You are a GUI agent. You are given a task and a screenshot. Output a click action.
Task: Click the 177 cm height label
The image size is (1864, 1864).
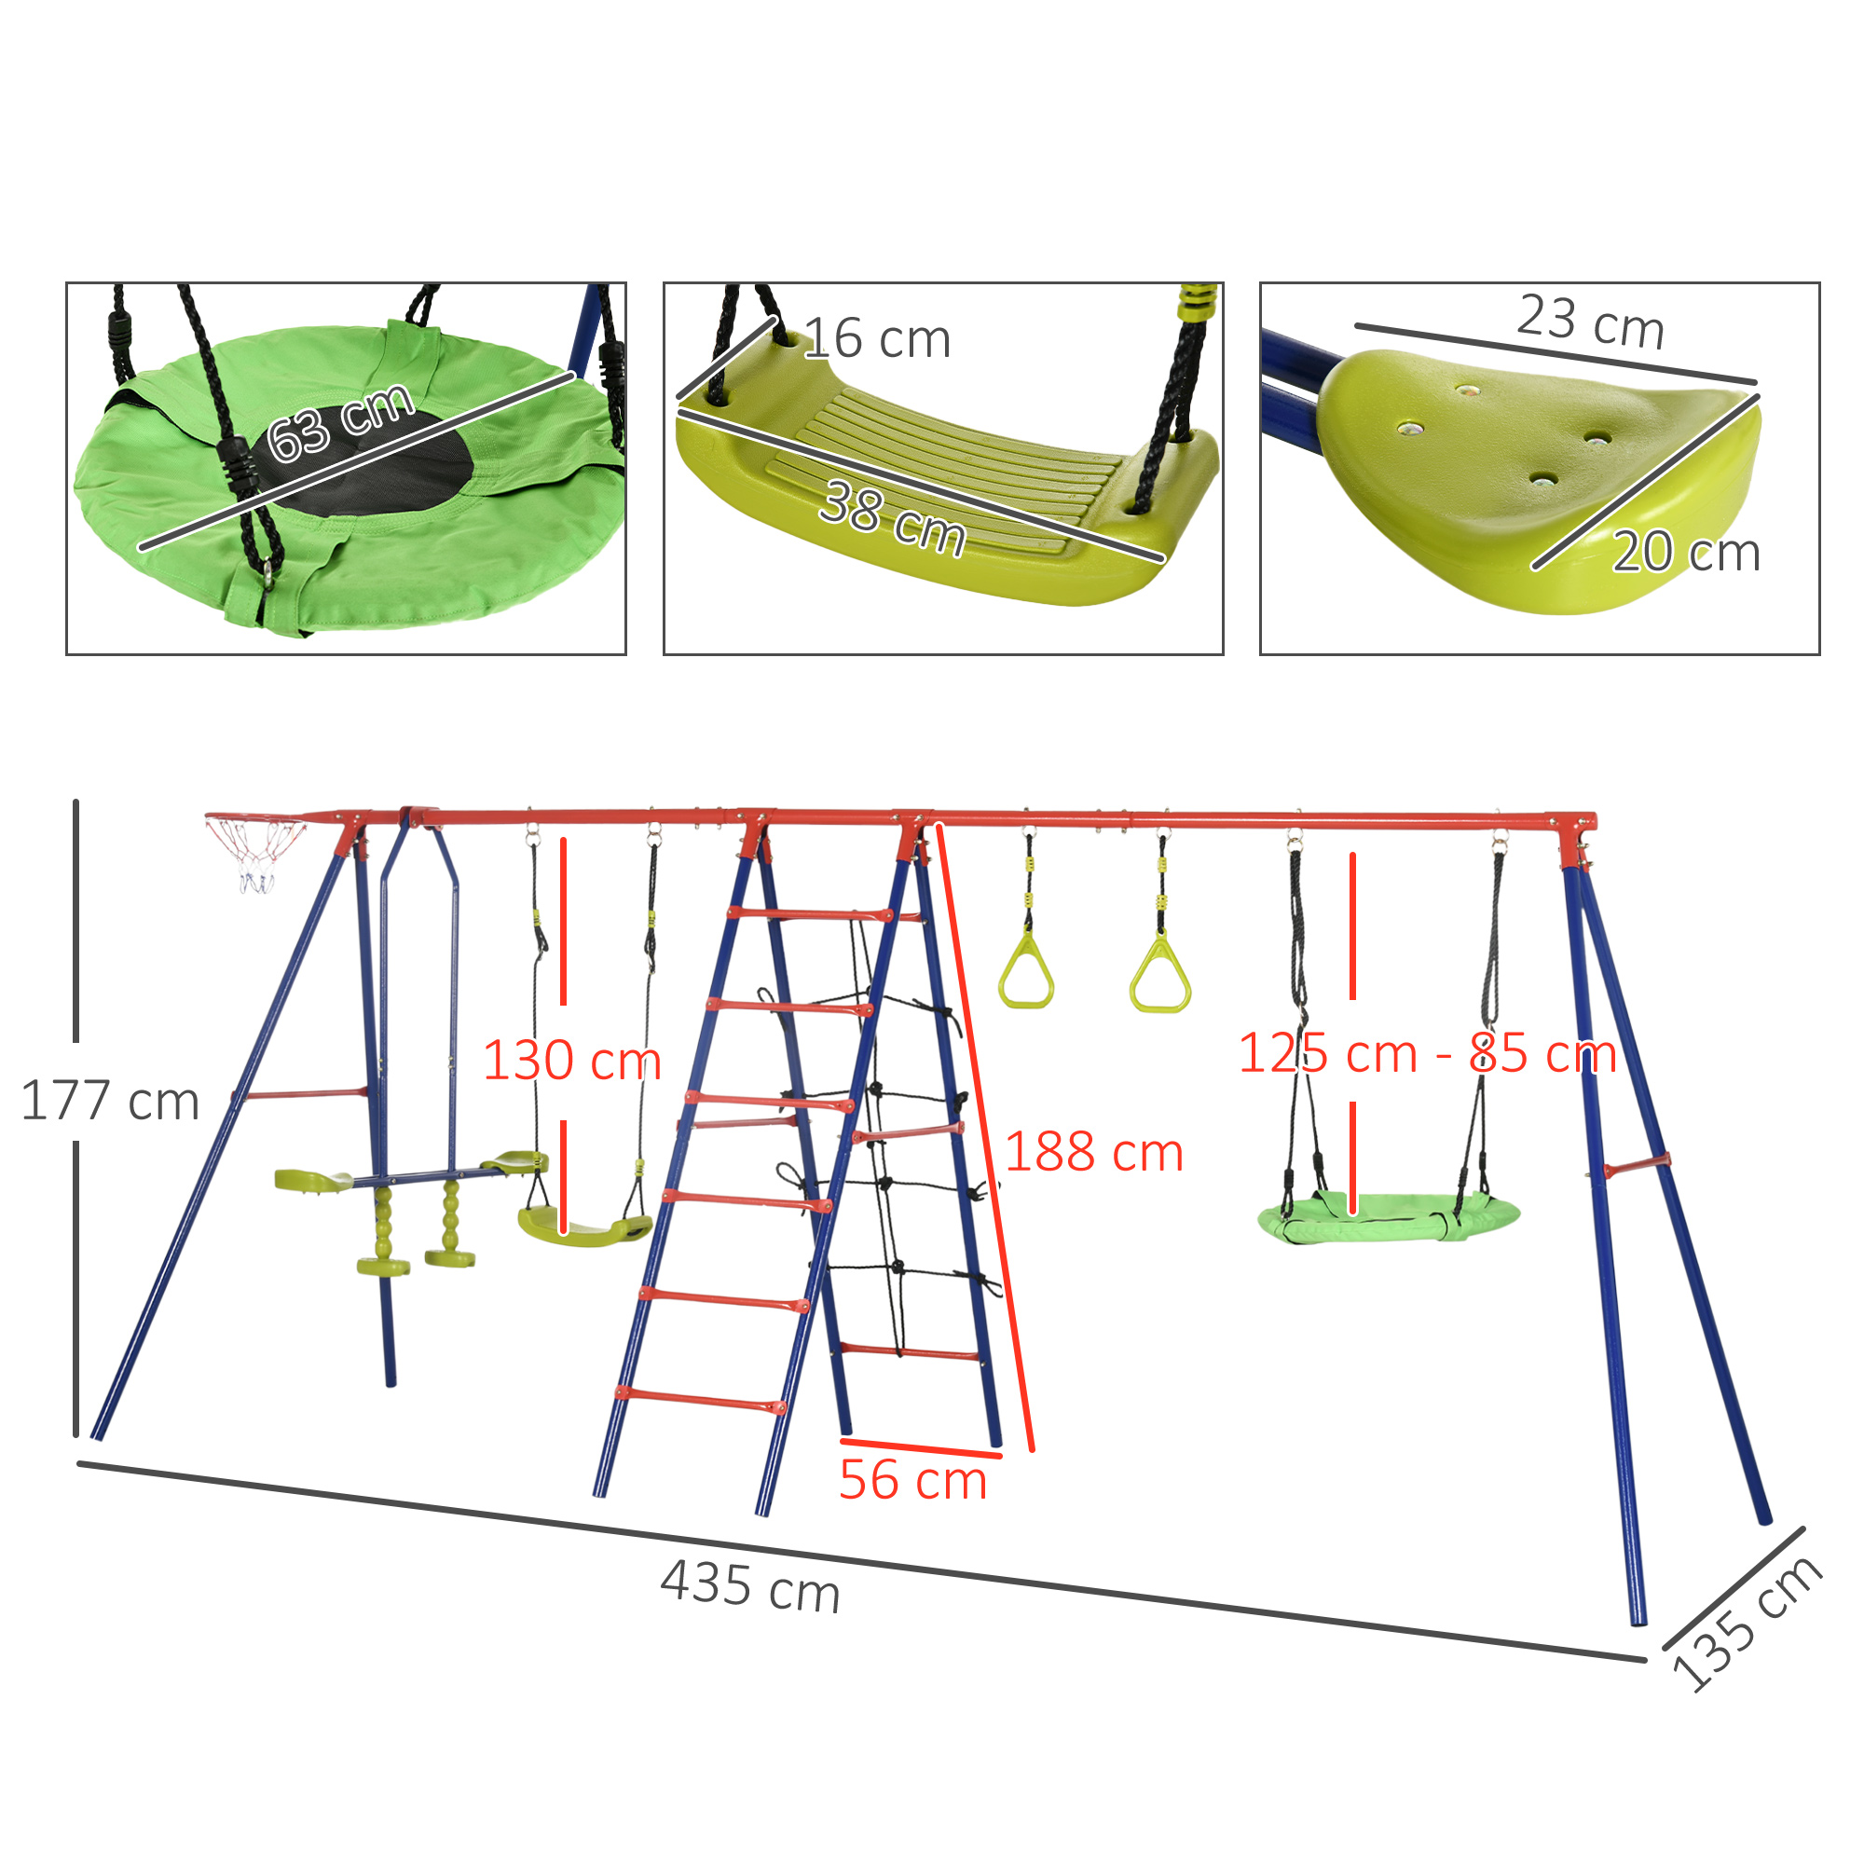click(109, 1101)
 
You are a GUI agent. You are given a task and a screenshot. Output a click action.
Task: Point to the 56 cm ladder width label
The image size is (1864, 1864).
click(912, 1481)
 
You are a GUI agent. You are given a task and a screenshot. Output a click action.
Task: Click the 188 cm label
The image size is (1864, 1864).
click(1094, 1152)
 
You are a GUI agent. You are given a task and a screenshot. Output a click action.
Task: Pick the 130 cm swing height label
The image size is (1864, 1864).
click(572, 1061)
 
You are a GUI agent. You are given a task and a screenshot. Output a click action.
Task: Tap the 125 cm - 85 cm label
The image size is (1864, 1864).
click(1427, 1052)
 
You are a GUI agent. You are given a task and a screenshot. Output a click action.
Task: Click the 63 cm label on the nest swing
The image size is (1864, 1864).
click(340, 422)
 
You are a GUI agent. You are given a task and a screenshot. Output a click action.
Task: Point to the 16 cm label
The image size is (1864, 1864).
click(877, 338)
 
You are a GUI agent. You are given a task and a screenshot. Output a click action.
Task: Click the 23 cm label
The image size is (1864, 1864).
click(1591, 322)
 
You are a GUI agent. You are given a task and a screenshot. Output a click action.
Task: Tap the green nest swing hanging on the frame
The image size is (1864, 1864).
click(1389, 1217)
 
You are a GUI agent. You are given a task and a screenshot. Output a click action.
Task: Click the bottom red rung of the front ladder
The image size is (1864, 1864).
click(701, 1399)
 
